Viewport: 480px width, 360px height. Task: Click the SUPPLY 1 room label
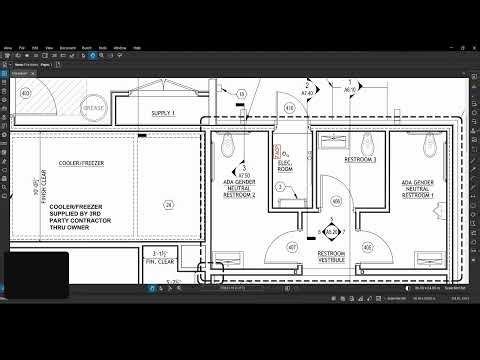(162, 114)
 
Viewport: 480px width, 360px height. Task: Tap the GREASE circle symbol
(94, 107)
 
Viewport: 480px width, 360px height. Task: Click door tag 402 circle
(27, 93)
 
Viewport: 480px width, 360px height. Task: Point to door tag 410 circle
(289, 108)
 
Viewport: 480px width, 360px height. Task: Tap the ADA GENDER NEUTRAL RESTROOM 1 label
(421, 188)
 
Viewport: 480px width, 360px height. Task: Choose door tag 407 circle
(293, 246)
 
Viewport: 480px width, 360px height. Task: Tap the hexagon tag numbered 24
(169, 206)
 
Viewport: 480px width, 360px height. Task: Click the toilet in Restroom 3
(370, 142)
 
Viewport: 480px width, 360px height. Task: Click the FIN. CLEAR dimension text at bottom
(160, 262)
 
